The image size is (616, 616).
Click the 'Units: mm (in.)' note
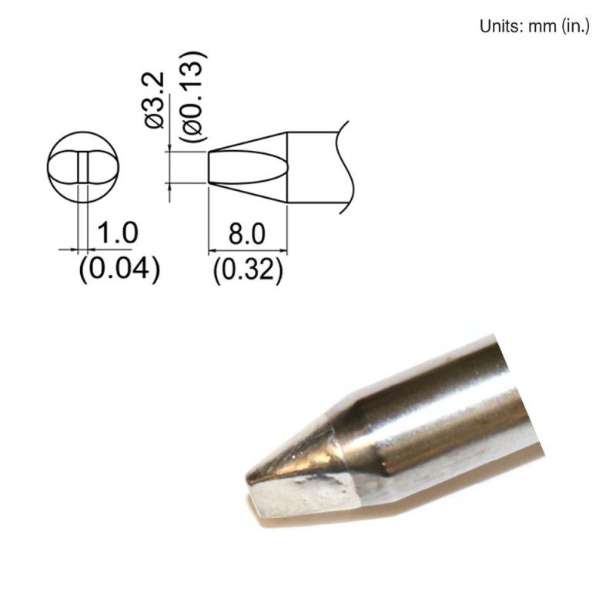click(534, 26)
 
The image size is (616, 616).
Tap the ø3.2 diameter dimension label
click(155, 101)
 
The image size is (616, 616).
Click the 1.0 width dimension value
click(116, 232)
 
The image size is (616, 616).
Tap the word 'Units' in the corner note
click(497, 26)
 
